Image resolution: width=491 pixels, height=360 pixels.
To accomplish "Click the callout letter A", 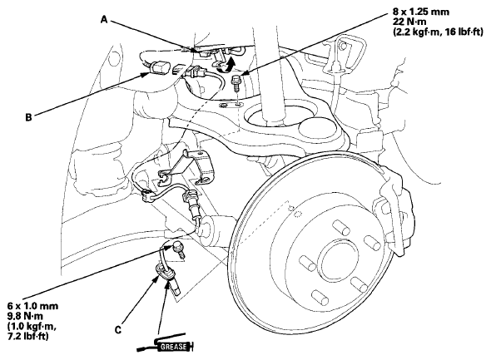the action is coord(104,19).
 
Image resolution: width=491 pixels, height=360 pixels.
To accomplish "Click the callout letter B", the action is coord(28,117).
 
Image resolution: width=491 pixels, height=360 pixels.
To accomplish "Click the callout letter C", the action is coord(118,330).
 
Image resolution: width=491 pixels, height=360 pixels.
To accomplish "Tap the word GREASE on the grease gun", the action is coord(173,347).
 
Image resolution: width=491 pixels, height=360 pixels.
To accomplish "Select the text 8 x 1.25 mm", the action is coord(421,12).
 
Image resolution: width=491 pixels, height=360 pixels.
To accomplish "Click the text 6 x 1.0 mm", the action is coord(32,306).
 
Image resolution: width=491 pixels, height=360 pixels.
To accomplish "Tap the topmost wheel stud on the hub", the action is coord(340,227).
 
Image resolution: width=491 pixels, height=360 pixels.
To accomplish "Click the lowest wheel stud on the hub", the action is coord(320,297).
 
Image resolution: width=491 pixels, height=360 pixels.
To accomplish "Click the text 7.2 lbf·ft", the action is coord(27,336).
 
